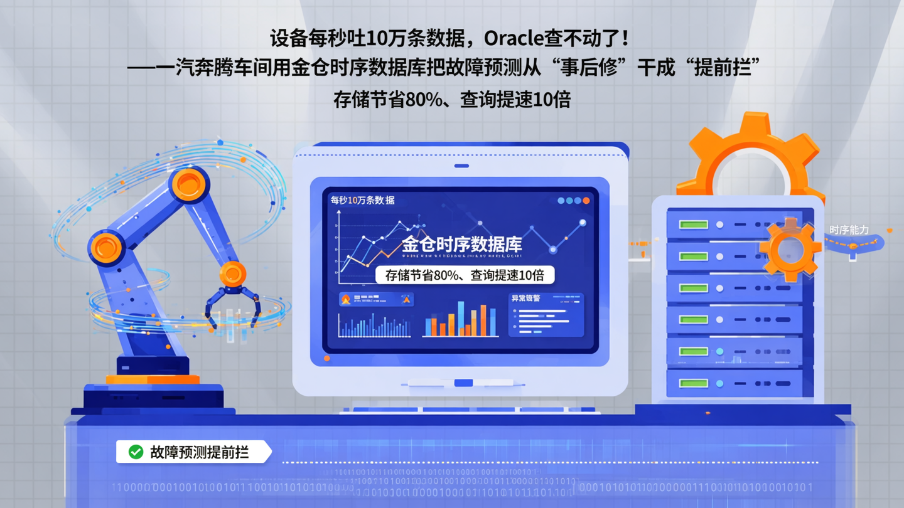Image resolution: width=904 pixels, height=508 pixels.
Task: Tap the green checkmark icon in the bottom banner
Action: pyautogui.click(x=136, y=452)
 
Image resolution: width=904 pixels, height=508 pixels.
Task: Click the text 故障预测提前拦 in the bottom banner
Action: pyautogui.click(x=200, y=452)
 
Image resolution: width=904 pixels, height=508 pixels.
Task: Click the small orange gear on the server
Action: pyautogui.click(x=790, y=250)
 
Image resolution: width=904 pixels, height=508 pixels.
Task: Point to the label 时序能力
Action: pyautogui.click(x=849, y=230)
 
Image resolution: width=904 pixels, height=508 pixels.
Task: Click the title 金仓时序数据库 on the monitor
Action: pyautogui.click(x=461, y=244)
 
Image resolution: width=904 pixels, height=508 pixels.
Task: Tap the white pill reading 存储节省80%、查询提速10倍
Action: pyautogui.click(x=465, y=275)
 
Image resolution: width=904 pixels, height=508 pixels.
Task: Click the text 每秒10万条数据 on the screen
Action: pyautogui.click(x=362, y=200)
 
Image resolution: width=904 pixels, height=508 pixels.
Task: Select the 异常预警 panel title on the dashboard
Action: pyautogui.click(x=526, y=299)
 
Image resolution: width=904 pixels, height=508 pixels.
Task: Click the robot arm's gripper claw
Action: pyautogui.click(x=233, y=301)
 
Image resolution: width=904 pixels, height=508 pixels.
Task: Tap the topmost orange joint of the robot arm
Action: pyautogui.click(x=188, y=184)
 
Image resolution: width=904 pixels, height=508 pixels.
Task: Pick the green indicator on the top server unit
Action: pyautogui.click(x=693, y=225)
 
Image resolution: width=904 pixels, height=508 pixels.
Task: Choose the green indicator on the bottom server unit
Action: pyautogui.click(x=693, y=383)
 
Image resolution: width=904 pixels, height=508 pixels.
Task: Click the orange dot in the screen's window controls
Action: pyautogui.click(x=586, y=201)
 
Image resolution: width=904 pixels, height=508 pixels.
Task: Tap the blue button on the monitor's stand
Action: pyautogui.click(x=463, y=383)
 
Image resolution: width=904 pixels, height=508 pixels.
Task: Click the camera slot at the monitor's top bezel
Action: pyautogui.click(x=461, y=166)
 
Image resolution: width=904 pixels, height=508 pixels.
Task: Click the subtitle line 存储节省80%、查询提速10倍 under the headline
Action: pyautogui.click(x=452, y=100)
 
